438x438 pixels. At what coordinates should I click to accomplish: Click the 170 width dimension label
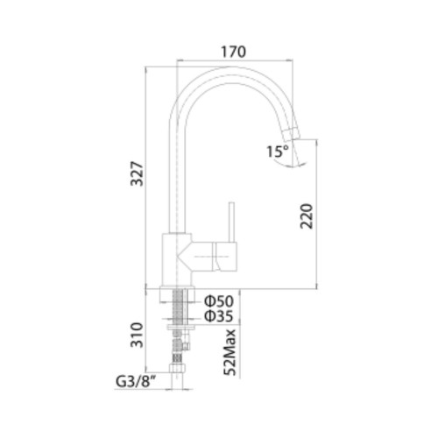point(233,52)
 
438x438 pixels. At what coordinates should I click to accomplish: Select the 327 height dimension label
point(138,173)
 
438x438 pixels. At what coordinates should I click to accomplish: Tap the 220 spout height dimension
point(306,216)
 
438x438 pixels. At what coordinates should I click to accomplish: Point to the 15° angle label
point(278,152)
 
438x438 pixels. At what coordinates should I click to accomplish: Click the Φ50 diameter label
point(219,301)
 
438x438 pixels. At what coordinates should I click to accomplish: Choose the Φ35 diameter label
point(219,316)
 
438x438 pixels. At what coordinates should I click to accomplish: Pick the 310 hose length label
point(138,335)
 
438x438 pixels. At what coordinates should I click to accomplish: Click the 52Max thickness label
point(230,352)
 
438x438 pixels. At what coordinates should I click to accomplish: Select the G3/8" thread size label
point(136,382)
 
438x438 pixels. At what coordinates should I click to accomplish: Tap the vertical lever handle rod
point(231,222)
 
